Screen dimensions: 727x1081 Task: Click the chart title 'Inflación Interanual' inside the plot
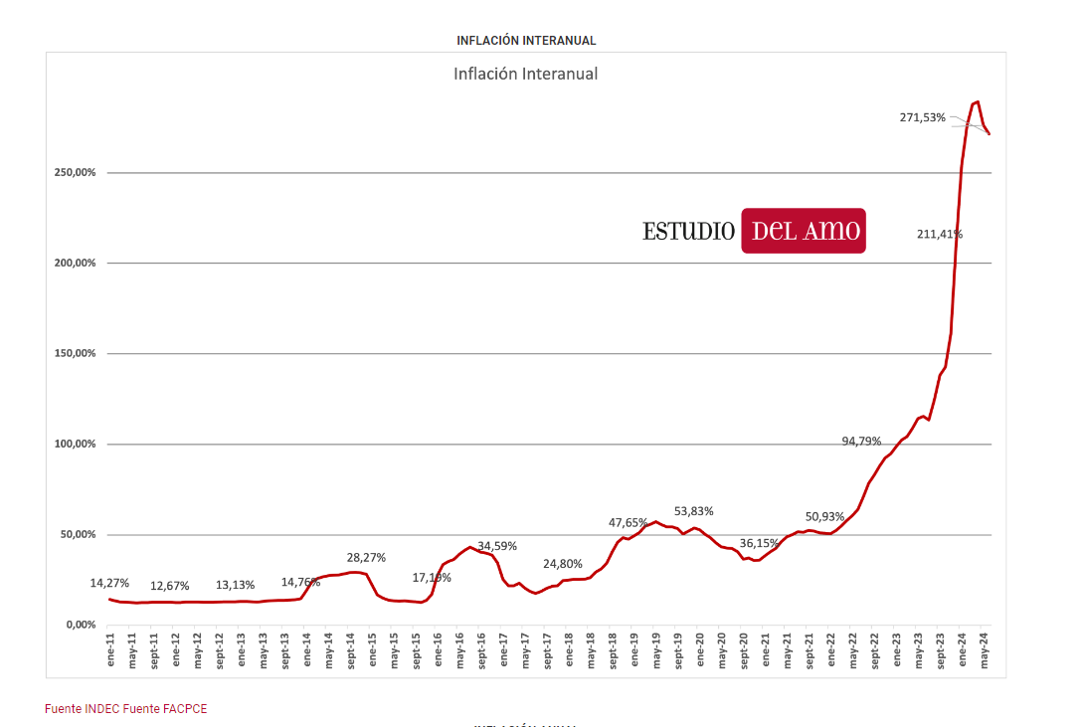click(525, 74)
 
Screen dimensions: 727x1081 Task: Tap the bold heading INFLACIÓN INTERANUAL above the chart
click(526, 41)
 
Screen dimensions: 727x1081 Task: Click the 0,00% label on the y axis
click(81, 625)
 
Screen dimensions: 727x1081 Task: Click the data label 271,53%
click(923, 117)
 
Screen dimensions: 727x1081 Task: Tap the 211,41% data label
click(940, 235)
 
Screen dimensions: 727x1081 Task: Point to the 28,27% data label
click(366, 557)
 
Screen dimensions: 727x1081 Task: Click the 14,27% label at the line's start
click(109, 583)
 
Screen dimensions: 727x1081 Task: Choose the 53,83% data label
click(693, 511)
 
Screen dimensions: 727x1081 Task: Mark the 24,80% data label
click(563, 564)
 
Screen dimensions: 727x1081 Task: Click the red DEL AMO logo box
click(804, 231)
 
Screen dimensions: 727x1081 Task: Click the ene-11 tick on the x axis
click(110, 649)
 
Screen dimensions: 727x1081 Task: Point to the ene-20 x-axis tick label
click(700, 649)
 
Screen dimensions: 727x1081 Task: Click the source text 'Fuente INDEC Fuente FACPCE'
click(126, 709)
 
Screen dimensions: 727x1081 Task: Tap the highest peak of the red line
click(978, 101)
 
